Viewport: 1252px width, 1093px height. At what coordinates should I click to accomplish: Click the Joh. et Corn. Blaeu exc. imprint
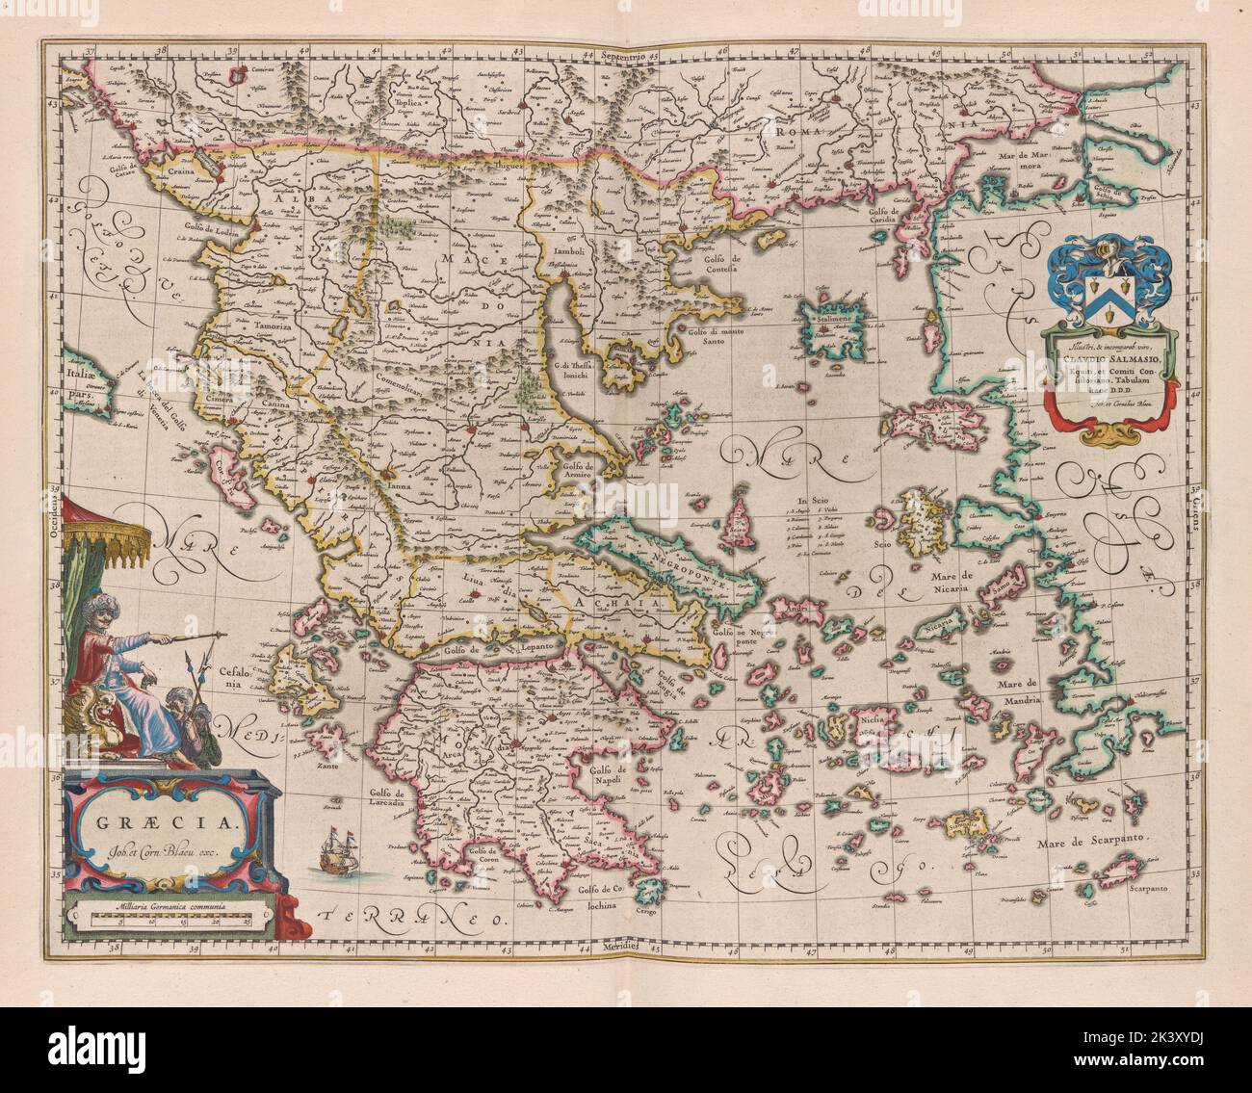(x=160, y=851)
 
